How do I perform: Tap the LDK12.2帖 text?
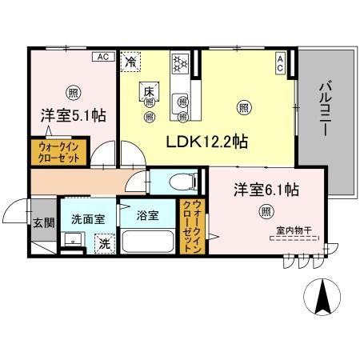(x=207, y=142)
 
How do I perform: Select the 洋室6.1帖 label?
(x=266, y=190)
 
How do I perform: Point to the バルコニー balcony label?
(x=324, y=112)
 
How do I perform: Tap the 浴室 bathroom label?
(x=146, y=215)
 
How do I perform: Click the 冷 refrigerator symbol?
(x=130, y=59)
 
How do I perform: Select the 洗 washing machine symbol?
(x=103, y=242)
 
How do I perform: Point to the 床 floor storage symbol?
(x=149, y=92)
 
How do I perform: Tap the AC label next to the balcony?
(x=280, y=63)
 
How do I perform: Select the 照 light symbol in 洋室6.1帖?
(x=264, y=211)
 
